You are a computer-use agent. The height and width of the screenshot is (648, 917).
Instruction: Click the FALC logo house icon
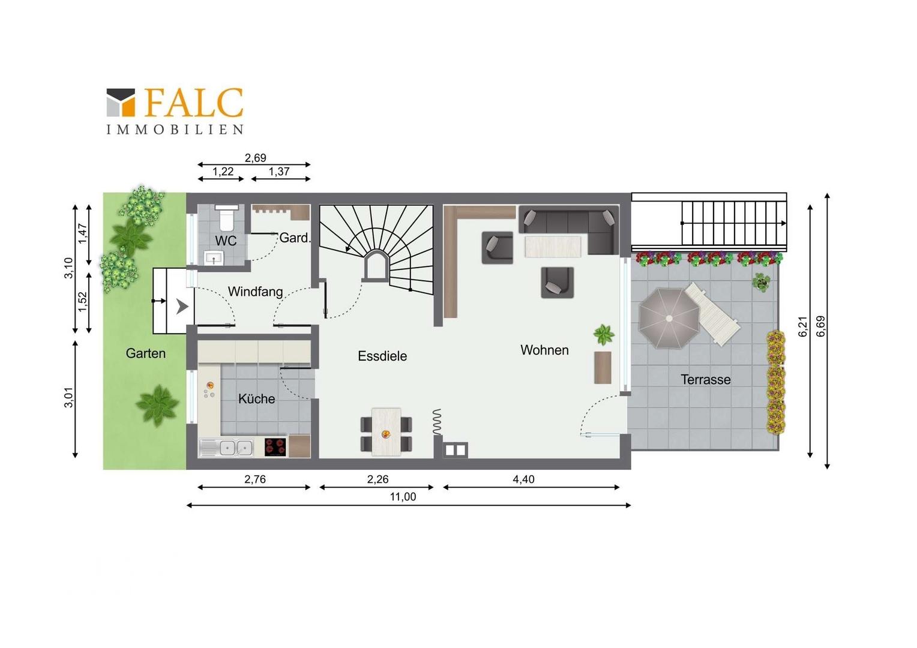pos(121,103)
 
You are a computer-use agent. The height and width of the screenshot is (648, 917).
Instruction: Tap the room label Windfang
pos(256,292)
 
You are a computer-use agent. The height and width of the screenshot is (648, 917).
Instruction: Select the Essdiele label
pos(382,356)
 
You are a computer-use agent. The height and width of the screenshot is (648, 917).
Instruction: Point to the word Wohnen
pos(544,350)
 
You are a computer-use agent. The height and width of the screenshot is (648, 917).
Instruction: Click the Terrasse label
pos(706,379)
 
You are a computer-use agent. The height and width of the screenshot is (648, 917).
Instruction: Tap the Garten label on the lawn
pos(146,353)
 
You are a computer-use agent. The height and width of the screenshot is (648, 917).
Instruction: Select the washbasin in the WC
pos(214,257)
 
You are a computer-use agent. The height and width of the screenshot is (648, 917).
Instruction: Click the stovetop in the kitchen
pos(275,447)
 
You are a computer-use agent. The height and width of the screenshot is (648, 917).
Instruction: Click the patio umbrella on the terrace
pos(669,318)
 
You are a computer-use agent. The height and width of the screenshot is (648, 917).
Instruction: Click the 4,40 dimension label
pos(523,479)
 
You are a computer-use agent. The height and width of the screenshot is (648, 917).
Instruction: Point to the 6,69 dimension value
pos(820,326)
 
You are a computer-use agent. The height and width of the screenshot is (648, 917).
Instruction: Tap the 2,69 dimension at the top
pos(256,158)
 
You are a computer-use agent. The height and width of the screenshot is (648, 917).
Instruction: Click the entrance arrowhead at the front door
pos(182,307)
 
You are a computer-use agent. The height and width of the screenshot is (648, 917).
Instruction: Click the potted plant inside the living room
pos(604,334)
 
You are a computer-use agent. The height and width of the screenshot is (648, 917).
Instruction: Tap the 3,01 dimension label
pos(69,397)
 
